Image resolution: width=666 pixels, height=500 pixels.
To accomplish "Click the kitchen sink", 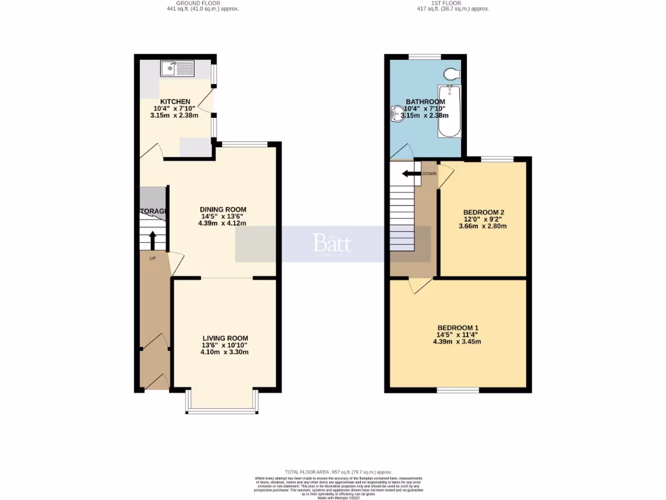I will (x=178, y=67).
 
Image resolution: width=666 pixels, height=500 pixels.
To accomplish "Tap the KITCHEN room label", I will (x=176, y=102).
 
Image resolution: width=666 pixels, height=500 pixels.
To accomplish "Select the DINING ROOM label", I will (x=223, y=209).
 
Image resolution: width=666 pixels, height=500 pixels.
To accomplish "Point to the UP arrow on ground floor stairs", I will (x=153, y=240).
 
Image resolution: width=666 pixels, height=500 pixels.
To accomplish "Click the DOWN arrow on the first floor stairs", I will (x=411, y=174).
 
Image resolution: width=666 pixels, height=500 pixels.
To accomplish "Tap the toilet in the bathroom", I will (x=451, y=73).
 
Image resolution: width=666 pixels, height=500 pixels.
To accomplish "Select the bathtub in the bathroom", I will (x=449, y=111).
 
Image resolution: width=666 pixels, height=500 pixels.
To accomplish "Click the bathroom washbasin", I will (x=396, y=115).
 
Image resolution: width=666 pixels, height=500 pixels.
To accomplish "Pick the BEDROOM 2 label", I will (x=484, y=212).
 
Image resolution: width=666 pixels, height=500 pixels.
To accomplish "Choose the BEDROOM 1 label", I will (x=458, y=327).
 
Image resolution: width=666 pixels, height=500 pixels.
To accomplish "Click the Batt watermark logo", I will (x=332, y=243).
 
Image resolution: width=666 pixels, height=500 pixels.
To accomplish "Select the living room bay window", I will (x=222, y=411).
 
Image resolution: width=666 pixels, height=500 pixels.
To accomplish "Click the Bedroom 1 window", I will (x=458, y=391).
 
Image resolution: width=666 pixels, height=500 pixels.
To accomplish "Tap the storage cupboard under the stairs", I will (x=153, y=202).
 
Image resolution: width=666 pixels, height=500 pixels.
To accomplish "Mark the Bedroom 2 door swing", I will (x=446, y=177).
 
